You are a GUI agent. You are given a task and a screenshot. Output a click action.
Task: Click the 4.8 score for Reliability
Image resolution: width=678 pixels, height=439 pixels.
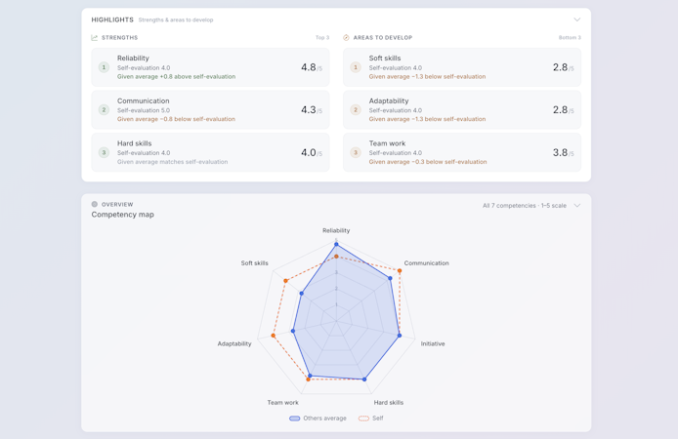coord(309,67)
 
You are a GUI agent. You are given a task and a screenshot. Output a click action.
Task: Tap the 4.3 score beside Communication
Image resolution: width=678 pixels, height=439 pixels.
coord(309,110)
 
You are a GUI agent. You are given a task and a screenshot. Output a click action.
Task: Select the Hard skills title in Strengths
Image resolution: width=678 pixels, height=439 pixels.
coord(135,143)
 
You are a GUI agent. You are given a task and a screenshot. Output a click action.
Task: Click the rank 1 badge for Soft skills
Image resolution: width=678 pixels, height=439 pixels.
coord(356,67)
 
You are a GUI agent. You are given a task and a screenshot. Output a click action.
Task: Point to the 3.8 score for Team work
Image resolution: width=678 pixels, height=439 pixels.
coord(561,153)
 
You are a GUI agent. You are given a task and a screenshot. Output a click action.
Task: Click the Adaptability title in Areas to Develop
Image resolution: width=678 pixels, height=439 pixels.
coord(389,101)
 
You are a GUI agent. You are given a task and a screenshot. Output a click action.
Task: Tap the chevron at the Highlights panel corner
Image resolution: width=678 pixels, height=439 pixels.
coord(576,20)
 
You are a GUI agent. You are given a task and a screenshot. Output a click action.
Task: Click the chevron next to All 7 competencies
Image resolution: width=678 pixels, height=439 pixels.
coord(576,206)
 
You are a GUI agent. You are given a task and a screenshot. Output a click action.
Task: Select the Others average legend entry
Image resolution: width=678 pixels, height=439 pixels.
coord(318,419)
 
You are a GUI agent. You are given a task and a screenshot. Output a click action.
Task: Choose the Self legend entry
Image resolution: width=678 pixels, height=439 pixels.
coord(371,419)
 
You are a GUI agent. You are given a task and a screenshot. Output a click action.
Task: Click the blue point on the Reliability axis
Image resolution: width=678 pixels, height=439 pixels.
coord(336,244)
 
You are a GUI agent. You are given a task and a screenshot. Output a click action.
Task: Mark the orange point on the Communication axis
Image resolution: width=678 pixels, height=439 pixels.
coord(400,270)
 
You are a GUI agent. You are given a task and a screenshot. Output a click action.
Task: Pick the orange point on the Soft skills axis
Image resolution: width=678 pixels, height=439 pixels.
coord(285,281)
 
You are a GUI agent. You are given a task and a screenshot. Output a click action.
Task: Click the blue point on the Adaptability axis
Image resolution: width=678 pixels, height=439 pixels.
coord(293,331)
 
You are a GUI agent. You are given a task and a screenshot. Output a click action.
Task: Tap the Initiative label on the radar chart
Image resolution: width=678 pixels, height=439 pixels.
coord(433,343)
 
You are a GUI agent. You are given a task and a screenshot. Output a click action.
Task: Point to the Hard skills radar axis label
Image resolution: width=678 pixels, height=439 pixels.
coord(389,402)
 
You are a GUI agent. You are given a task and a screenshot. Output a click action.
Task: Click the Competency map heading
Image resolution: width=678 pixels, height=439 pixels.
coord(123,215)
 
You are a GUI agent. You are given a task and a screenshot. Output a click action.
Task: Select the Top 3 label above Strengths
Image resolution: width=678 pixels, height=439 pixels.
coord(322,37)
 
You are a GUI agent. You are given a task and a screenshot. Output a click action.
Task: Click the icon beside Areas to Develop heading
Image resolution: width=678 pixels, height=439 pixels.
coord(346,37)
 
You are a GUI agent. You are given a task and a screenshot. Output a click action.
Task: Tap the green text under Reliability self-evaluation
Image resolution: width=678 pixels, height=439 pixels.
coord(177,77)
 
